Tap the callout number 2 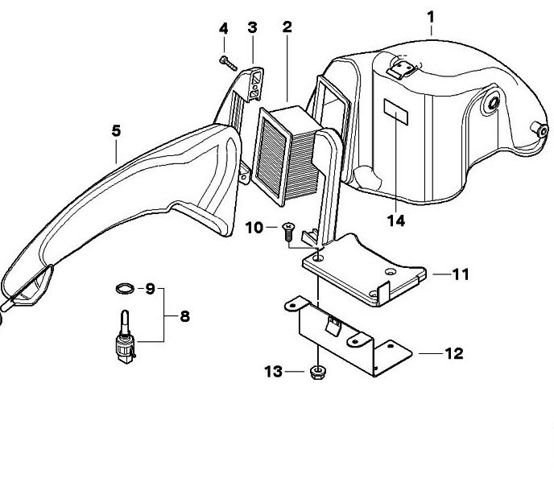point(287,27)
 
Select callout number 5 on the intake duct point(116,130)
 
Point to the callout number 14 point(395,219)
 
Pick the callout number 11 point(460,274)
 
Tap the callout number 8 point(184,316)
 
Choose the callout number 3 point(252,27)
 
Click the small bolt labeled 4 point(226,60)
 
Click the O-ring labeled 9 point(124,288)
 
